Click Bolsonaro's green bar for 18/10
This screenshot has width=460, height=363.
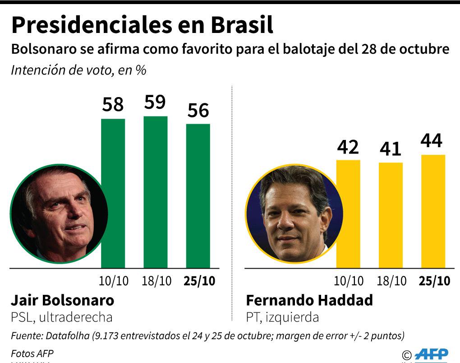pos(156,192)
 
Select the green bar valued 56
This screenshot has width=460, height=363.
pos(198,195)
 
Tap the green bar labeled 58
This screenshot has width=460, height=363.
pos(113,193)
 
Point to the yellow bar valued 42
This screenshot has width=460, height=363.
pos(348,214)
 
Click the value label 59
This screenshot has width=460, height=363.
pos(155,102)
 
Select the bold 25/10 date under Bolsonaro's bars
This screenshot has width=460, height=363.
pos(199,281)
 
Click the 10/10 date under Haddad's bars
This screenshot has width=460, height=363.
pos(349,281)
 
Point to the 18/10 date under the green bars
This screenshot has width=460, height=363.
pos(156,281)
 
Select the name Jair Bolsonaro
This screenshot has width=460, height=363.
pos(62,300)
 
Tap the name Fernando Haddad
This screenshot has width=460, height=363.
pos(309,300)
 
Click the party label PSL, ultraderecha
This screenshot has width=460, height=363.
pos(61,317)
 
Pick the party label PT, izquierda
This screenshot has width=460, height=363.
pos(282,317)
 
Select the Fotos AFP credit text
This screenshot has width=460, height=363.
pos(28,354)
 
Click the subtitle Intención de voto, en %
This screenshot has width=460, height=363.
pos(78,70)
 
